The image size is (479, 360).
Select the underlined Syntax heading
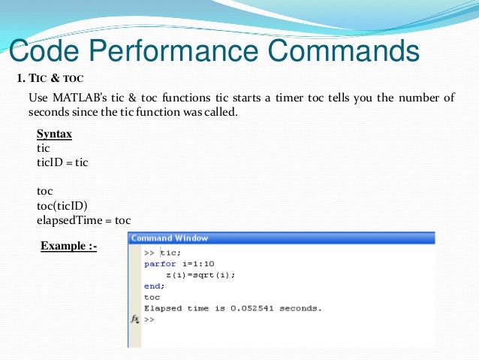(x=54, y=134)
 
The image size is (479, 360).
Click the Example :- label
(x=68, y=246)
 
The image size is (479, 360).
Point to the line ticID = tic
(x=62, y=162)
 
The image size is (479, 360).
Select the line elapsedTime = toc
(x=83, y=220)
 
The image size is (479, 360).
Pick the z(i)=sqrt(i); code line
(x=200, y=275)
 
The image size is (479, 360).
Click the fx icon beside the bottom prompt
(x=135, y=319)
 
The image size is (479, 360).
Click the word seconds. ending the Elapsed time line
(x=299, y=308)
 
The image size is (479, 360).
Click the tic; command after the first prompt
(x=170, y=253)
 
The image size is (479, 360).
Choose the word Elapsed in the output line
(x=164, y=308)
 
